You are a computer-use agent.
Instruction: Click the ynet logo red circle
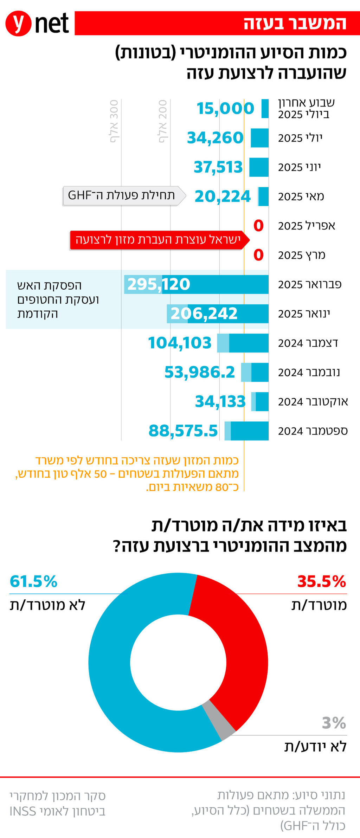[x=18, y=23]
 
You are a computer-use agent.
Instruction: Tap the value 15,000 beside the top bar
[x=225, y=108]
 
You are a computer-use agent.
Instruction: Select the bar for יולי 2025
[x=259, y=138]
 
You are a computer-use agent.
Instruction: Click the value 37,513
[x=218, y=167]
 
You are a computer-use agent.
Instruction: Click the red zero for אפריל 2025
[x=258, y=225]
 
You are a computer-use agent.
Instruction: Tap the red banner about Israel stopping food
[x=158, y=240]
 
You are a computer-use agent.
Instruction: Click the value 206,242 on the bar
[x=204, y=313]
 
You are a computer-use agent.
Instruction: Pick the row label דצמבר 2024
[x=308, y=343]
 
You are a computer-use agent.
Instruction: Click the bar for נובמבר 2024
[x=255, y=372]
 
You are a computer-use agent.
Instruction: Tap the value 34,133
[x=220, y=401]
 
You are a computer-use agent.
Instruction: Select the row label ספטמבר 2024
[x=313, y=431]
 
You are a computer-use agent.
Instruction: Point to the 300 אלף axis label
[x=114, y=121]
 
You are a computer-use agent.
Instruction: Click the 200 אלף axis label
[x=163, y=121]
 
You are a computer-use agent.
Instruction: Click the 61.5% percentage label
[x=33, y=581]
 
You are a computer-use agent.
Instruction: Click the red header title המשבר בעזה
[x=295, y=23]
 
